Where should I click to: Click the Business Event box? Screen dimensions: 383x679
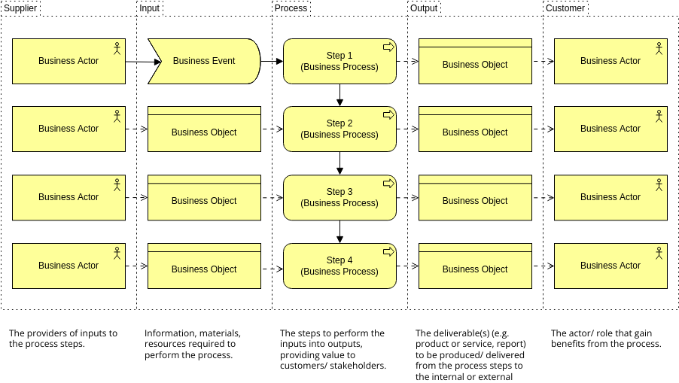pyautogui.click(x=204, y=61)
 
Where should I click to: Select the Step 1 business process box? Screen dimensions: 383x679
pyautogui.click(x=339, y=61)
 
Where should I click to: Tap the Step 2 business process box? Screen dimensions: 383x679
pyautogui.click(x=339, y=129)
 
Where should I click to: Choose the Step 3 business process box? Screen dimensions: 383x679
pyautogui.click(x=339, y=197)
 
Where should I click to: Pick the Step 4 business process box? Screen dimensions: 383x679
pyautogui.click(x=339, y=266)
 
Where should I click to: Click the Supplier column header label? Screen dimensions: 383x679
pyautogui.click(x=21, y=8)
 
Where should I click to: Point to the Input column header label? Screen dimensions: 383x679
pyautogui.click(x=149, y=8)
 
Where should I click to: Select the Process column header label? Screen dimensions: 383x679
pyautogui.click(x=291, y=8)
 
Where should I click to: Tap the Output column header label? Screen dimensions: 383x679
pyautogui.click(x=424, y=8)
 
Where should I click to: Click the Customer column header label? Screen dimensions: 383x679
pyautogui.click(x=565, y=8)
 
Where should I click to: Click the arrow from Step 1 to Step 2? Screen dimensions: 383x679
pyautogui.click(x=340, y=94)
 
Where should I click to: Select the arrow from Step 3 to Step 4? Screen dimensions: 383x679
pyautogui.click(x=340, y=231)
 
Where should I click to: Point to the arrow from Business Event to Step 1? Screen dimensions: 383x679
pyautogui.click(x=272, y=61)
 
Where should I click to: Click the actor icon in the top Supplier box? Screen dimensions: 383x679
pyautogui.click(x=117, y=48)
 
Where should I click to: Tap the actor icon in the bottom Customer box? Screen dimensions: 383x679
pyautogui.click(x=659, y=253)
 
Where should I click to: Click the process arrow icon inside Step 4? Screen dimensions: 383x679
pyautogui.click(x=388, y=252)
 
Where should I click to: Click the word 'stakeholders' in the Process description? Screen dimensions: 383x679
pyautogui.click(x=358, y=366)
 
